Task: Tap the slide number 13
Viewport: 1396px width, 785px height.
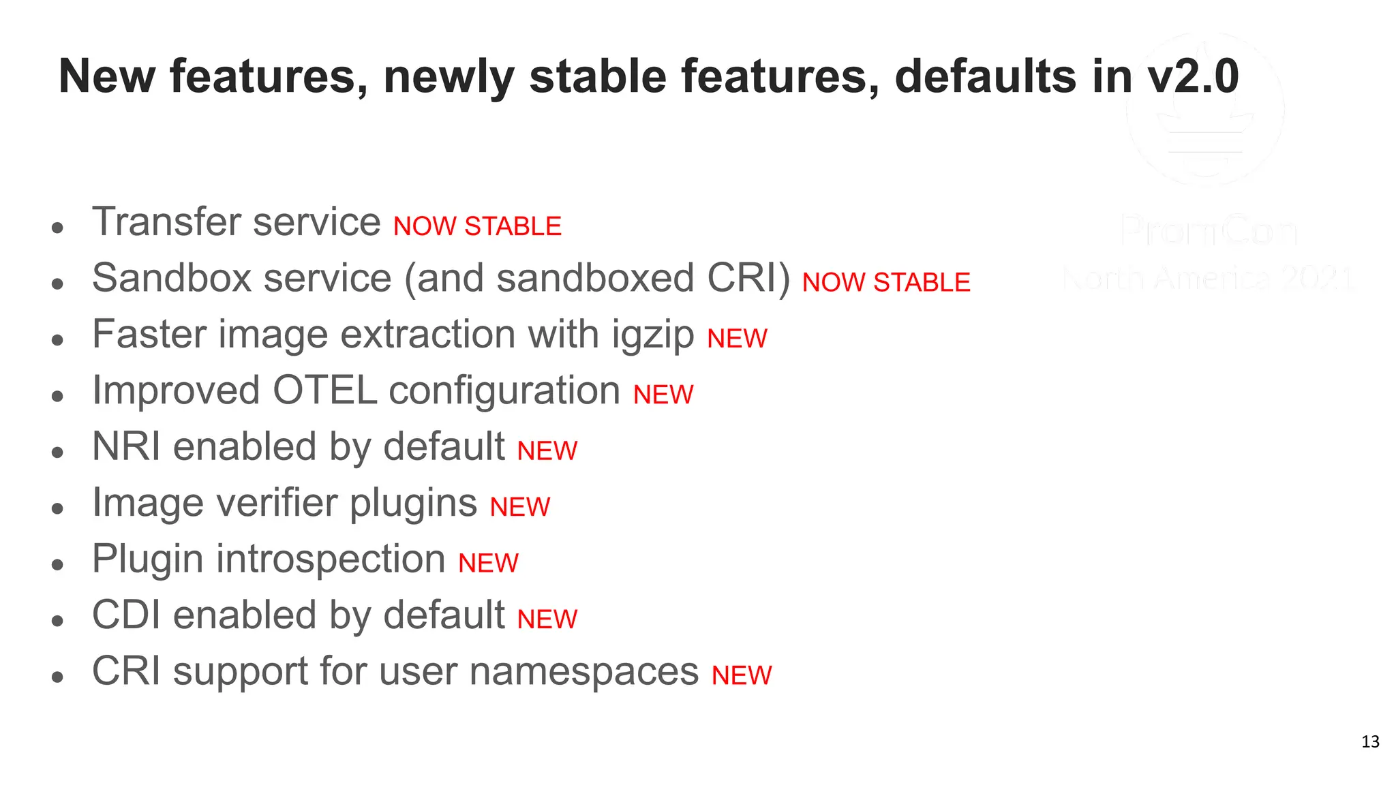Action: tap(1370, 741)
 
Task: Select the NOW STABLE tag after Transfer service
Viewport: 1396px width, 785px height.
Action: tap(477, 226)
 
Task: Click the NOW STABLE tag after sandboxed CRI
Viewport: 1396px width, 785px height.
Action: tap(886, 282)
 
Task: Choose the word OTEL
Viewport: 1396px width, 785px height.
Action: tap(324, 391)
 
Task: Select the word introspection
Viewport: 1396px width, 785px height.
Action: tap(331, 559)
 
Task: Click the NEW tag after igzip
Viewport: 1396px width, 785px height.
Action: tap(737, 339)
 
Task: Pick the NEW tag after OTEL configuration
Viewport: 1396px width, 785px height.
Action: tap(663, 395)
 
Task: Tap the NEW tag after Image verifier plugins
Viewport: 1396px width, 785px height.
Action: tap(519, 507)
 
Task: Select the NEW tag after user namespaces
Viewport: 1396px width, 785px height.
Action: tap(742, 675)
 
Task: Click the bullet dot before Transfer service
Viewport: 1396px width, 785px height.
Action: tap(57, 228)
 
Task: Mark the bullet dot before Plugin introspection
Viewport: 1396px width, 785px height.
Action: tap(57, 564)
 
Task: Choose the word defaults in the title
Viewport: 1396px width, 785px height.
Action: tap(986, 76)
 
